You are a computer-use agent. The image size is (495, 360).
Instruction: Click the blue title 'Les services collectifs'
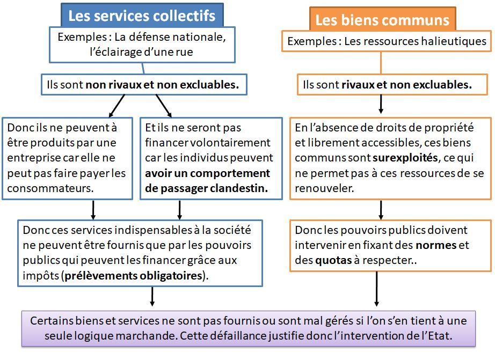pyautogui.click(x=142, y=16)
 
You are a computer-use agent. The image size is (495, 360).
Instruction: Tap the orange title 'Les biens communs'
pyautogui.click(x=382, y=20)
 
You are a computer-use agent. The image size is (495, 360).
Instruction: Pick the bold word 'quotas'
pyautogui.click(x=333, y=260)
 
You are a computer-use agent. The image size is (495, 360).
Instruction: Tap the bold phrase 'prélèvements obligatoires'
pyautogui.click(x=133, y=276)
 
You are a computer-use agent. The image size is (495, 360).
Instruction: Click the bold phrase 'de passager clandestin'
pyautogui.click(x=207, y=188)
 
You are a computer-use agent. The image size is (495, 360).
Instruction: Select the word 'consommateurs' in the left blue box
pyautogui.click(x=50, y=188)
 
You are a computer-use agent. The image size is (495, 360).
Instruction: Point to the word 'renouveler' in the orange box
pyautogui.click(x=324, y=188)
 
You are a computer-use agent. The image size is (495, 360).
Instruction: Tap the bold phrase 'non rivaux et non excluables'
pyautogui.click(x=162, y=85)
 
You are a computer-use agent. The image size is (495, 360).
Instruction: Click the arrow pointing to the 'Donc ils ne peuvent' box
pyautogui.click(x=117, y=106)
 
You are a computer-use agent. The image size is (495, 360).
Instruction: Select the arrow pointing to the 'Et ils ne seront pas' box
pyautogui.click(x=164, y=106)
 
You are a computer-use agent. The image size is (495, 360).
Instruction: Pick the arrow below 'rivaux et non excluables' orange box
pyautogui.click(x=381, y=104)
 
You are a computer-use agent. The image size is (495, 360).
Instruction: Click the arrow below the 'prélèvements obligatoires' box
pyautogui.click(x=152, y=297)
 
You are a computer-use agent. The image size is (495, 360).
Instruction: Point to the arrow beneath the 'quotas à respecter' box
pyautogui.click(x=376, y=289)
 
